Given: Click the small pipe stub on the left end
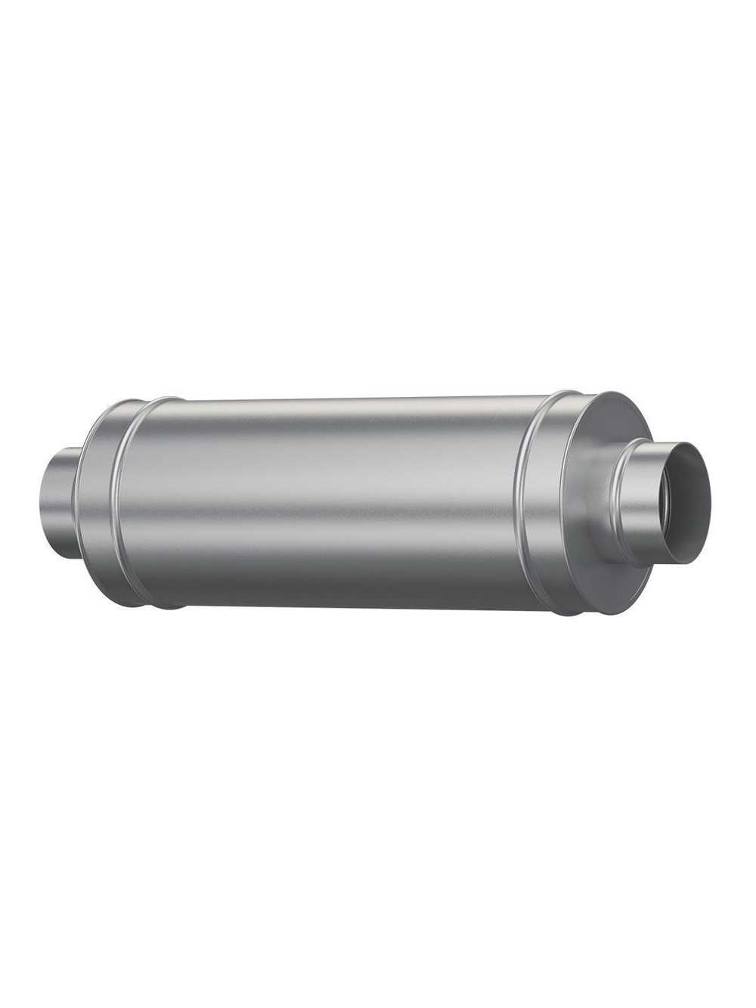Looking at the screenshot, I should pos(59,501).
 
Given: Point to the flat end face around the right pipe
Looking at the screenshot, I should pos(597,484).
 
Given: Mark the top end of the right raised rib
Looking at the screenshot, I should pos(563,392).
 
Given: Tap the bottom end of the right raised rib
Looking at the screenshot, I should pos(563,613).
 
